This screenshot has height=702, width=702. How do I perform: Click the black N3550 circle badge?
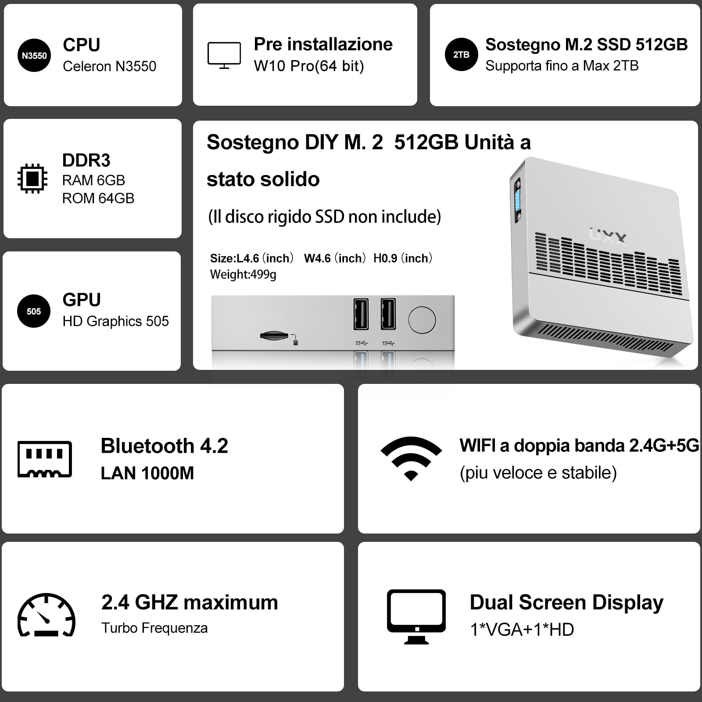coord(34,56)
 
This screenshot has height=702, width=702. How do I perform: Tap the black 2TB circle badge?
coord(461,55)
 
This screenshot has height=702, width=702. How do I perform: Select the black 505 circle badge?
coord(34,312)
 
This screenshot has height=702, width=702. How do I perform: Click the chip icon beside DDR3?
coord(32,179)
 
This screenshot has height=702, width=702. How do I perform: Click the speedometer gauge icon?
coord(47,614)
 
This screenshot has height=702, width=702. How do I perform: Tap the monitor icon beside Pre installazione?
coord(224,55)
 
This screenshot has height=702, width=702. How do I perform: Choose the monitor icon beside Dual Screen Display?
coord(416,616)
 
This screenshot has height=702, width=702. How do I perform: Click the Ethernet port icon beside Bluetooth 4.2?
coord(45,459)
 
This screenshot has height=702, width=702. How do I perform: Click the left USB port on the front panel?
coord(361,314)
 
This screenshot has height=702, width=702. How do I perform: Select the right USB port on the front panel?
coord(388,314)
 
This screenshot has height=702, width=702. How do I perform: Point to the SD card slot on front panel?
coord(274,336)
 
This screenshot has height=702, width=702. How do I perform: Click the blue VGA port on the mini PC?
coord(518,200)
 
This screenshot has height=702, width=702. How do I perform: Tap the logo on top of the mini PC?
coord(608,236)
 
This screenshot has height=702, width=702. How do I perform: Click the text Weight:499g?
coord(243,275)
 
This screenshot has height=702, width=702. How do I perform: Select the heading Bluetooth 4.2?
coord(164,446)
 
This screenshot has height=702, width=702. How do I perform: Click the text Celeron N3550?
coord(109,66)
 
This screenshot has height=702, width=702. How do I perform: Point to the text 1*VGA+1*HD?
coord(522,630)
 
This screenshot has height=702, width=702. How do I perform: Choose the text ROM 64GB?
coord(98,198)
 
